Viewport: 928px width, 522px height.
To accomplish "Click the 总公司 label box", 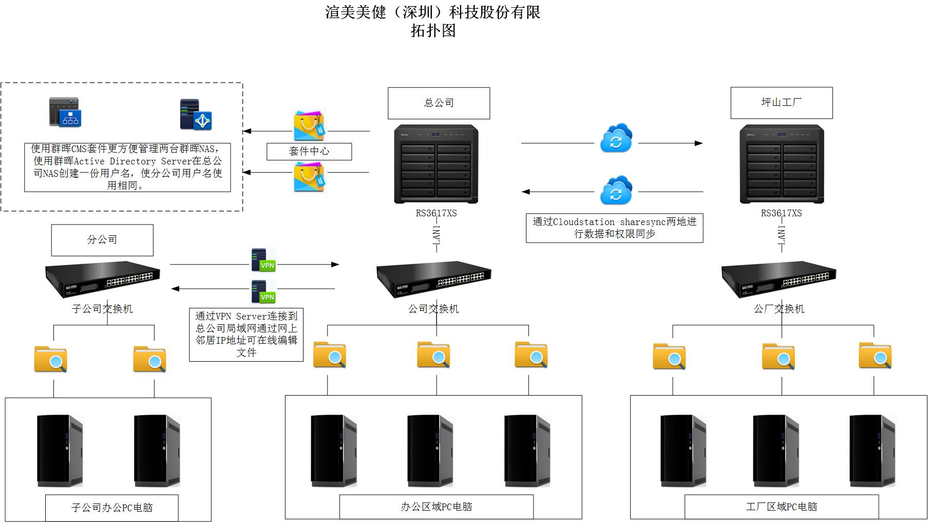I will click(x=439, y=103).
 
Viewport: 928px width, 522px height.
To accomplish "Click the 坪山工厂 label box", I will click(x=781, y=103).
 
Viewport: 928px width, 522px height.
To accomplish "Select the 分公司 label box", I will click(x=102, y=240).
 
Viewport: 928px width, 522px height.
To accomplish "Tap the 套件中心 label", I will click(x=309, y=152).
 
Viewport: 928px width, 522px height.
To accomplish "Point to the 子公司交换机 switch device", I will click(x=103, y=279).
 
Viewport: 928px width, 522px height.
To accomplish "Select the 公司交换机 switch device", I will click(x=434, y=279).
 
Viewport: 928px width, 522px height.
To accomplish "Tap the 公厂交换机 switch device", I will click(x=779, y=279).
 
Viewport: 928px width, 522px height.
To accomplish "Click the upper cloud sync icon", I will click(x=616, y=138).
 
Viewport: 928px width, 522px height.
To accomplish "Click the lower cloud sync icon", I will click(x=616, y=191).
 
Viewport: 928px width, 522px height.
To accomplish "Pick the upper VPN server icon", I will click(x=263, y=260).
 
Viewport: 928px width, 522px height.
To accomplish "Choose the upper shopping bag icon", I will click(x=309, y=125).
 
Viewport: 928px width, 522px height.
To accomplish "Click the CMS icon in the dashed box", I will click(x=65, y=112).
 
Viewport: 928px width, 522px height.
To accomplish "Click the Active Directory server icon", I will click(x=196, y=115).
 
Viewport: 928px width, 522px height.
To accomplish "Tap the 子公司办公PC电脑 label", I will click(x=112, y=508).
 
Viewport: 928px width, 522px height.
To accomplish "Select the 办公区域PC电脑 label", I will click(x=436, y=507).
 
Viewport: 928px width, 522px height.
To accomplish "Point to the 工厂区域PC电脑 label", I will click(x=781, y=507).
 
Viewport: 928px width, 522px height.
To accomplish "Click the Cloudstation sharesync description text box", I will click(x=614, y=228).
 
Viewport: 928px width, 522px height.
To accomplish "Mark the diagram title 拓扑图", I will click(x=433, y=31).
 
